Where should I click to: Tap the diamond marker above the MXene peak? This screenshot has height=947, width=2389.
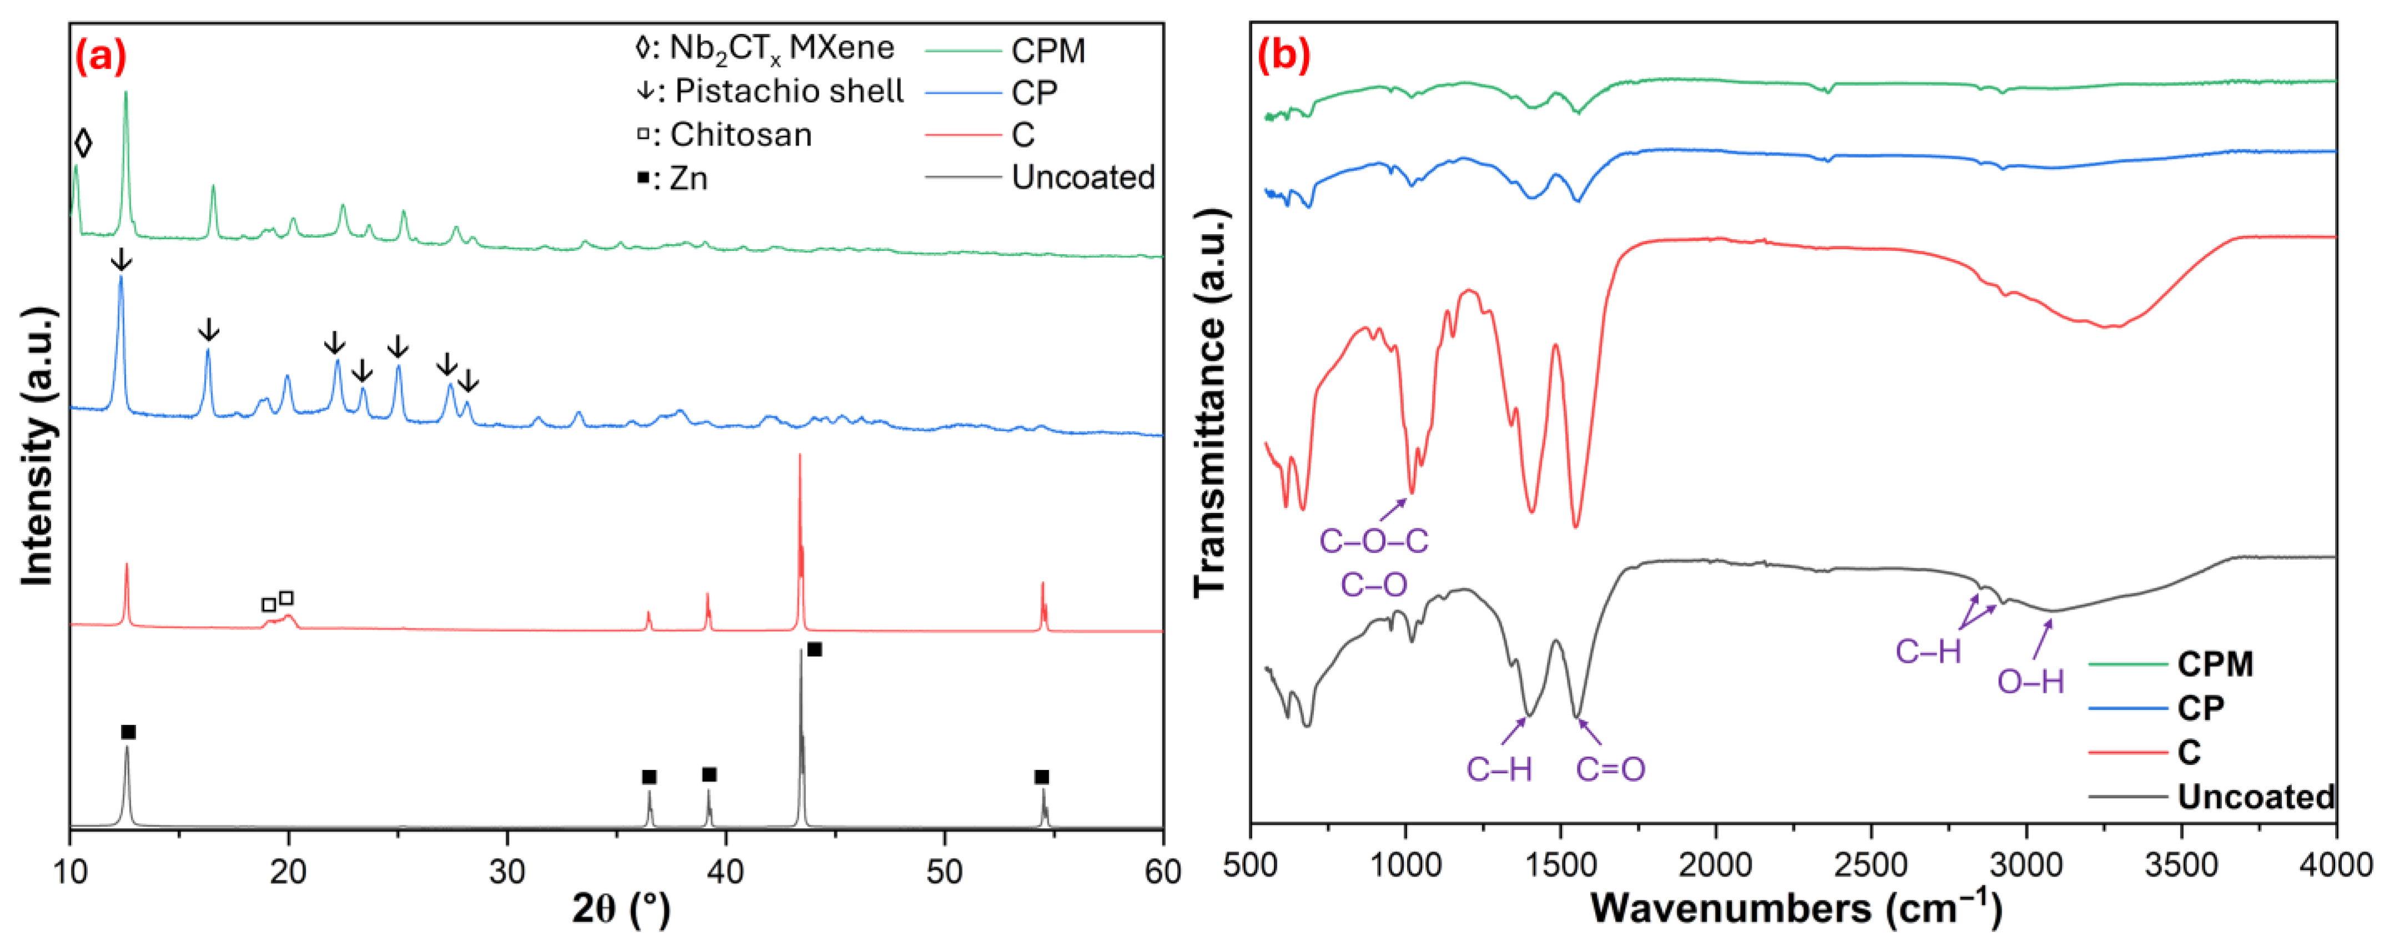click(x=83, y=144)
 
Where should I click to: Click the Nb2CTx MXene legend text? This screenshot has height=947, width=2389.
click(x=764, y=48)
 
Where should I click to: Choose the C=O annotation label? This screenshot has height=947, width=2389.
click(x=1611, y=769)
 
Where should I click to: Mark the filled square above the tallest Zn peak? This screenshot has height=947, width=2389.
click(x=814, y=649)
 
